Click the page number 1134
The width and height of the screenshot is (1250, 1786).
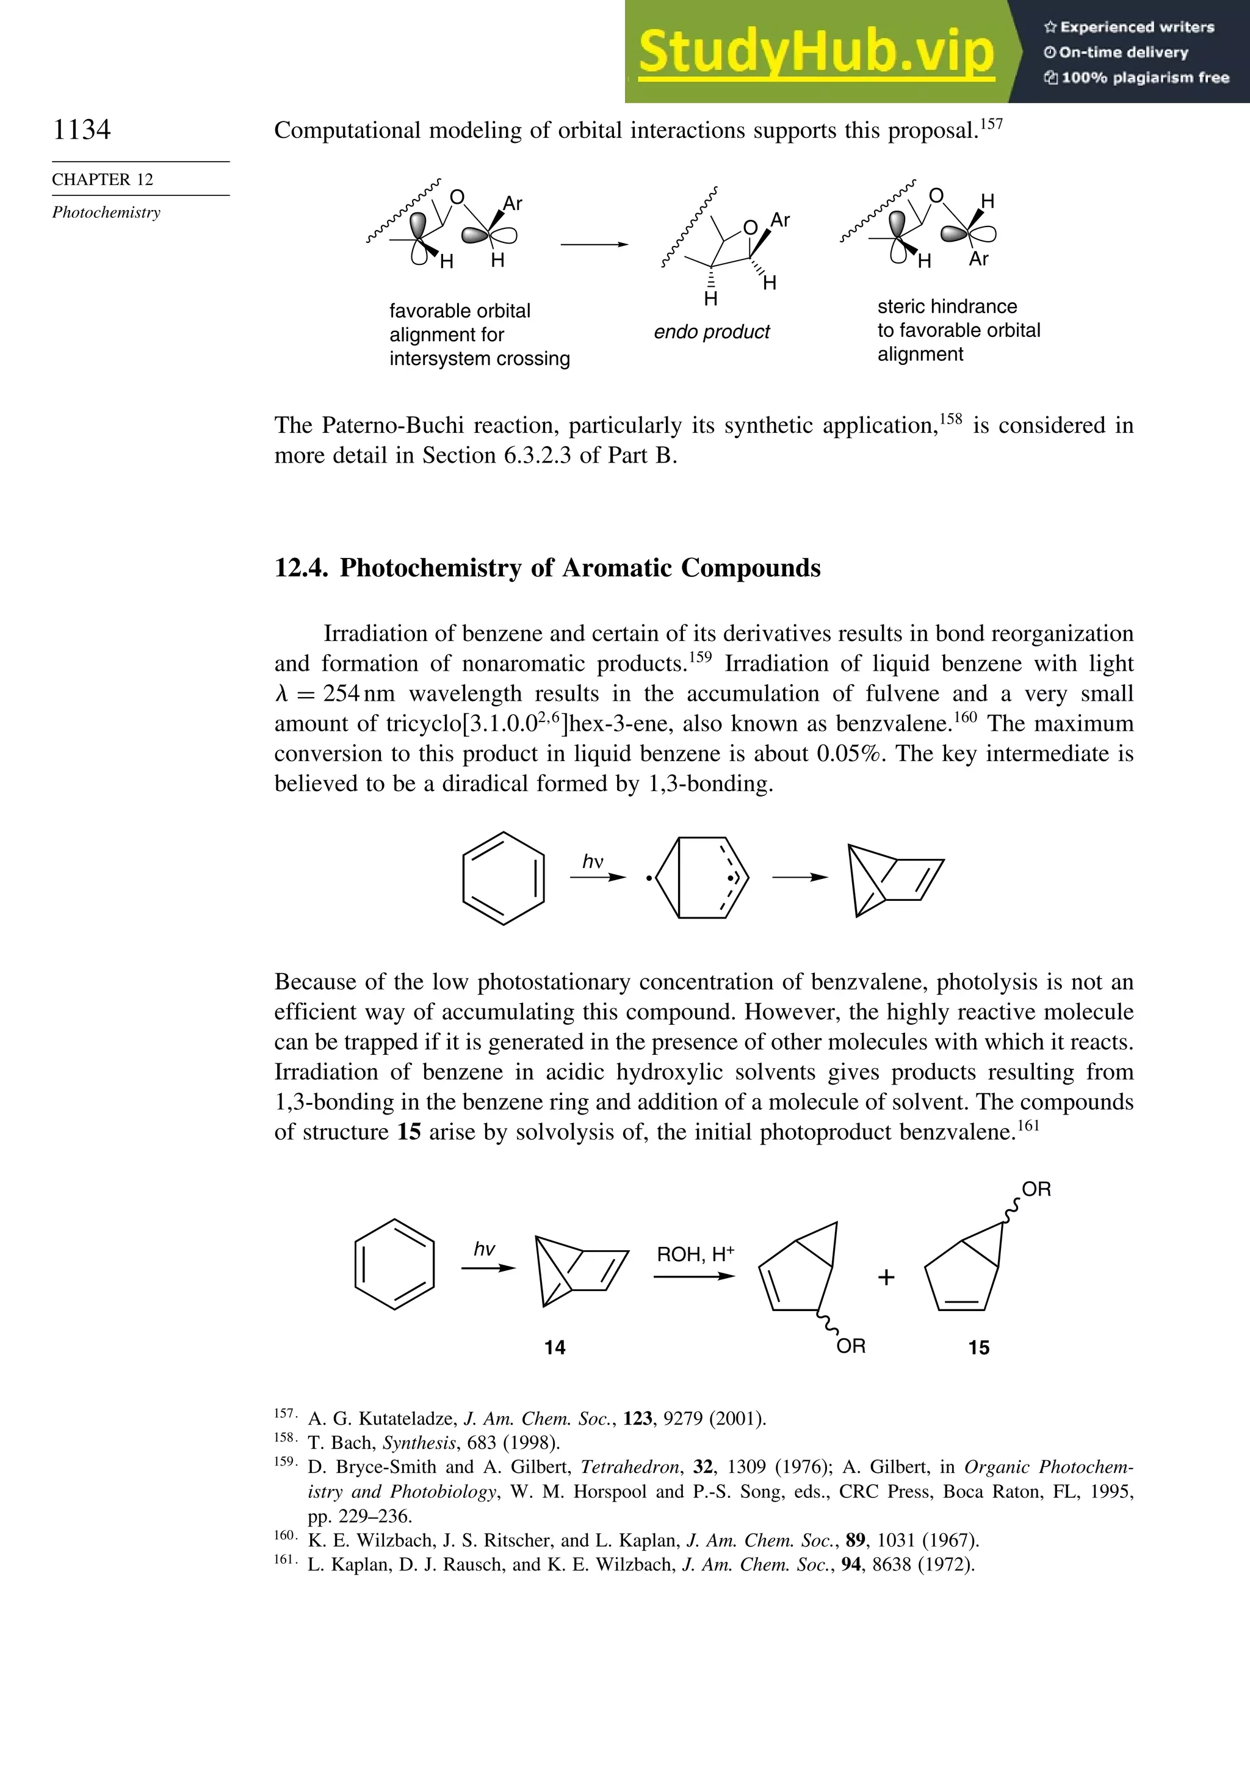[82, 129]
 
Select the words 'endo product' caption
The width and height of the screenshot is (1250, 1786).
[711, 332]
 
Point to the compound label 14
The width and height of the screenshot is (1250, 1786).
[555, 1347]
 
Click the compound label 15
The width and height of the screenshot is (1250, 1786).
[978, 1347]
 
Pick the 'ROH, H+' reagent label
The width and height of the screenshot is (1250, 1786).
[695, 1254]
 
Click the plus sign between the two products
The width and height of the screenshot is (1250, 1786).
[886, 1278]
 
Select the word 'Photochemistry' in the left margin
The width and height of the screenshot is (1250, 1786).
[107, 212]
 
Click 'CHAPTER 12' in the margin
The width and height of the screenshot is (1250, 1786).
[103, 179]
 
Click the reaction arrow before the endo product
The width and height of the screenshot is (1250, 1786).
[594, 244]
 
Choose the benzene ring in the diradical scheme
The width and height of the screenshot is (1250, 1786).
[504, 878]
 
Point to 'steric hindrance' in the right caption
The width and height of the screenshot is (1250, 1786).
[947, 306]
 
